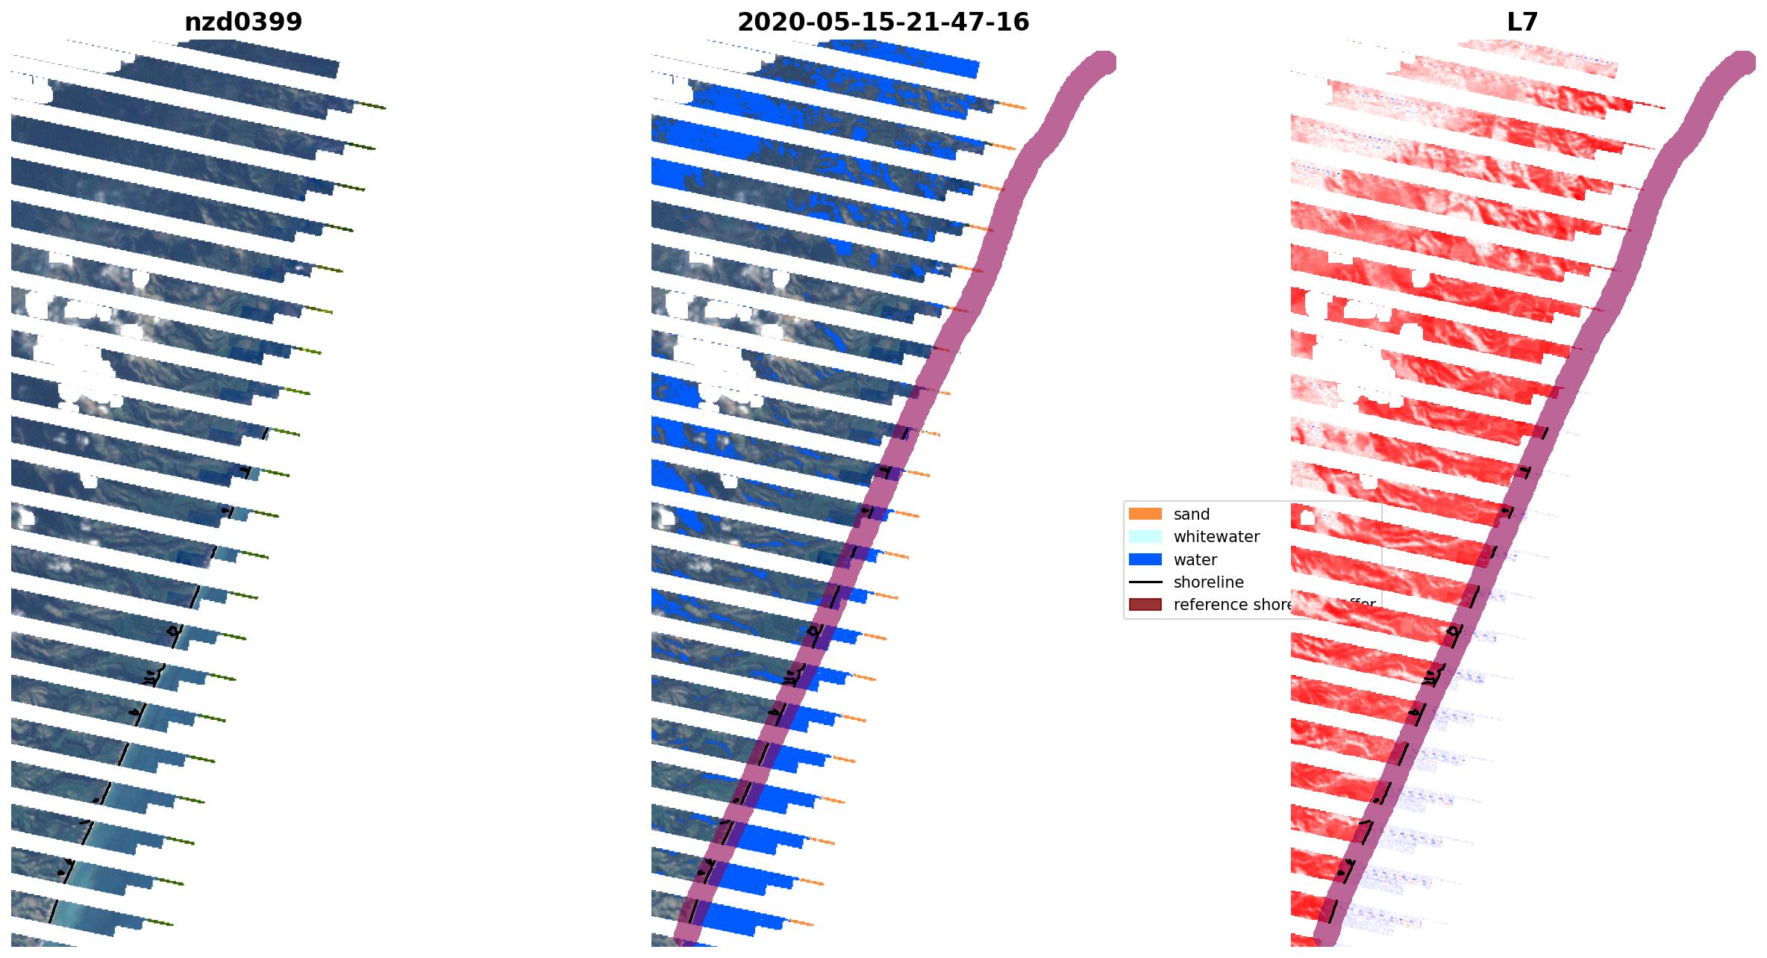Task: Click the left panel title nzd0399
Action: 243,22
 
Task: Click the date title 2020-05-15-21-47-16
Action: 883,22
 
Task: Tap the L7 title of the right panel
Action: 1522,22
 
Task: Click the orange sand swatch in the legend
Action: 1145,514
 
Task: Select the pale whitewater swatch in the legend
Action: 1145,536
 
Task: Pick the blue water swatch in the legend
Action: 1145,559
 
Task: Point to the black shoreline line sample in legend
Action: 1145,582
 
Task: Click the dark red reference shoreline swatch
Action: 1145,604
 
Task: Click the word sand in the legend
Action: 1191,514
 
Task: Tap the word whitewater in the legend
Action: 1216,537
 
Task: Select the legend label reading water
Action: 1195,560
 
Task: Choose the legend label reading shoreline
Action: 1208,582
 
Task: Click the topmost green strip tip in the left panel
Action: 372,105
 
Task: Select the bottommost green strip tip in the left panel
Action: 160,923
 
